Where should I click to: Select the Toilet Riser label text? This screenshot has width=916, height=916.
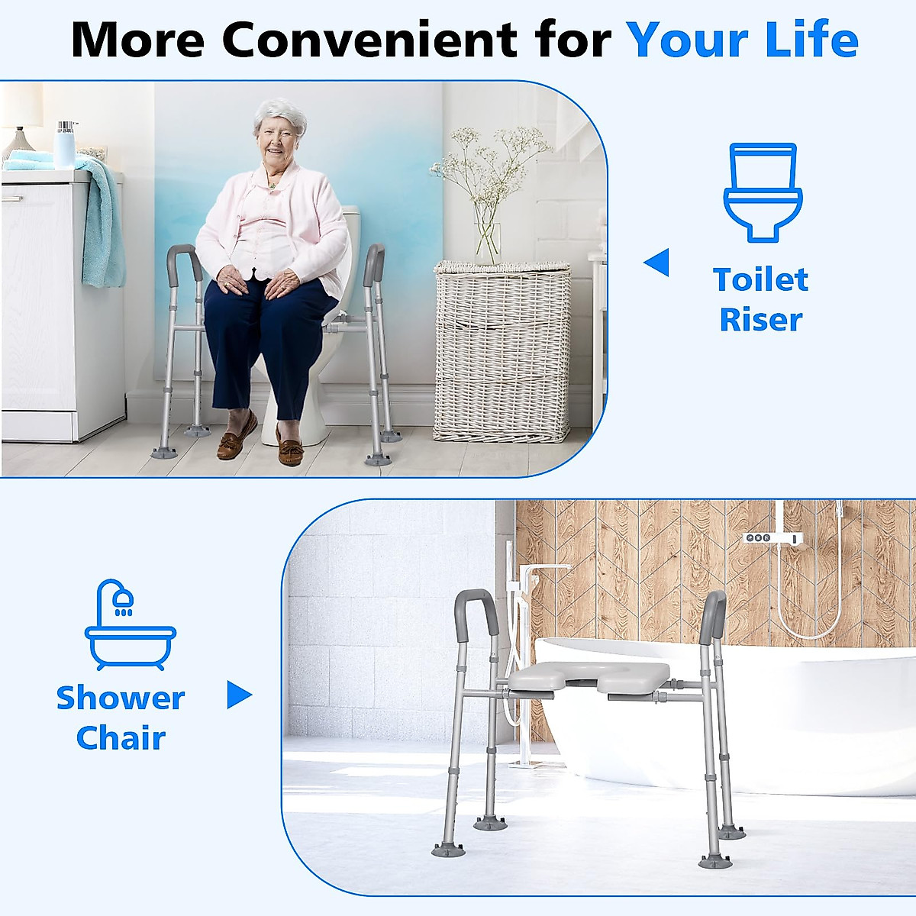click(x=761, y=299)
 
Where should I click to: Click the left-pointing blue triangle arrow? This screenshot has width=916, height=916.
click(x=657, y=263)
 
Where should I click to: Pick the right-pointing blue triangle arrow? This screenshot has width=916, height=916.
click(x=239, y=695)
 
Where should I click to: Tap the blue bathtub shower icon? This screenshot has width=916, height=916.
click(x=130, y=626)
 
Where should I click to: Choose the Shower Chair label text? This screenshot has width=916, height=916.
click(x=121, y=718)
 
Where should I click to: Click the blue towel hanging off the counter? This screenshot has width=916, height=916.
click(x=103, y=221)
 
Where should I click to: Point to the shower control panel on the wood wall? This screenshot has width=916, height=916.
click(x=774, y=538)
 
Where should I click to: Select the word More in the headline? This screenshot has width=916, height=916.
click(x=137, y=39)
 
